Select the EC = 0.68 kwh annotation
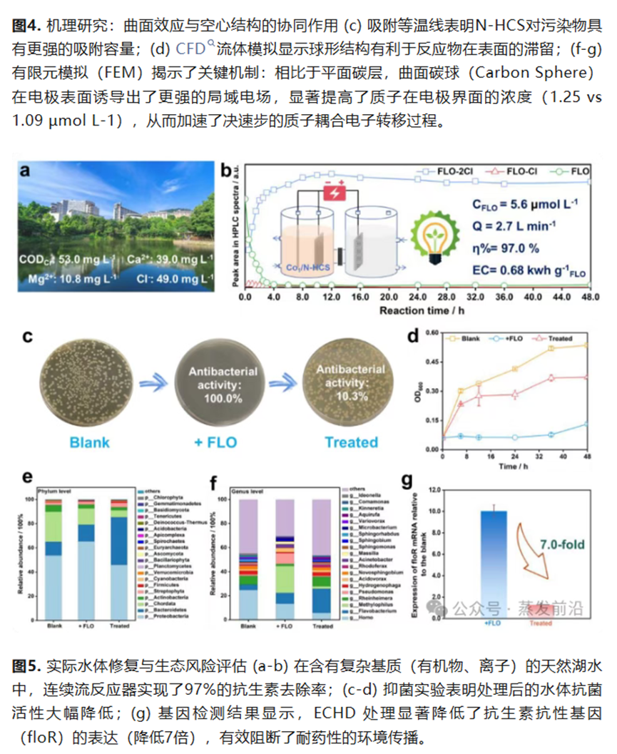coord(519,271)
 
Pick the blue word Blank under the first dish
coord(89,442)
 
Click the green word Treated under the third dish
coord(351,442)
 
